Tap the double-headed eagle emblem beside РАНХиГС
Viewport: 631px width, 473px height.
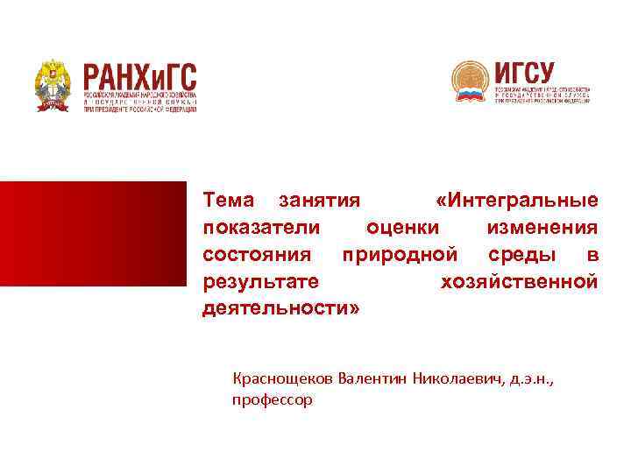54,85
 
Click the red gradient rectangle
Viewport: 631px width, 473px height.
93,233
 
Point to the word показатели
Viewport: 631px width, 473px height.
259,227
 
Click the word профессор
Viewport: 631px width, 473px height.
272,400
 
